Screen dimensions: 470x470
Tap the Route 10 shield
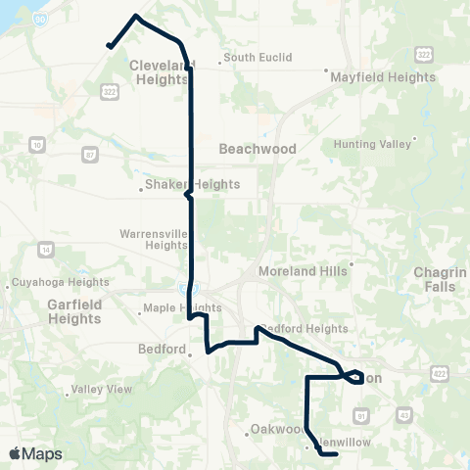click(x=37, y=145)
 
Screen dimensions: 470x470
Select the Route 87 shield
click(x=90, y=154)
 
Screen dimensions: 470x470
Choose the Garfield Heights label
click(x=74, y=311)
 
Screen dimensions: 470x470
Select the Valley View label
click(x=102, y=389)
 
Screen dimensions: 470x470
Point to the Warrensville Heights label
click(x=153, y=240)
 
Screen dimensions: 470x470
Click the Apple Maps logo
click(x=35, y=453)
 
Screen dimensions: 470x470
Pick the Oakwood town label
click(x=277, y=429)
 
